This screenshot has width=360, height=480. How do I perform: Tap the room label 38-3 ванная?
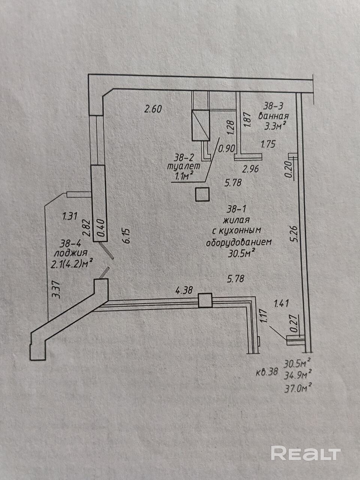click(x=273, y=111)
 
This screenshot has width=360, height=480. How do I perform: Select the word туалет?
click(x=183, y=166)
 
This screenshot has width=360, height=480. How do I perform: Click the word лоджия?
click(x=70, y=253)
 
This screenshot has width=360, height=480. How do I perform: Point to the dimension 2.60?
click(x=153, y=109)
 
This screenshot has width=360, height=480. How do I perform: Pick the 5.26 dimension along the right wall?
click(x=294, y=234)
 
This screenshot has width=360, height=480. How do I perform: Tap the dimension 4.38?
click(x=184, y=290)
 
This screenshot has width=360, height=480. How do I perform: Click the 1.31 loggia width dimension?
click(x=70, y=216)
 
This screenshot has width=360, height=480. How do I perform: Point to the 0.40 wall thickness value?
click(x=101, y=228)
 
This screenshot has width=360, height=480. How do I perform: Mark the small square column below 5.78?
click(x=202, y=194)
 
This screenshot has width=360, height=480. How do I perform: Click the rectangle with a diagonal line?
click(x=201, y=125)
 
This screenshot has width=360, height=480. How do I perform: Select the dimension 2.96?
click(x=250, y=169)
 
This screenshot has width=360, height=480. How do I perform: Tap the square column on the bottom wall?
click(x=205, y=300)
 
